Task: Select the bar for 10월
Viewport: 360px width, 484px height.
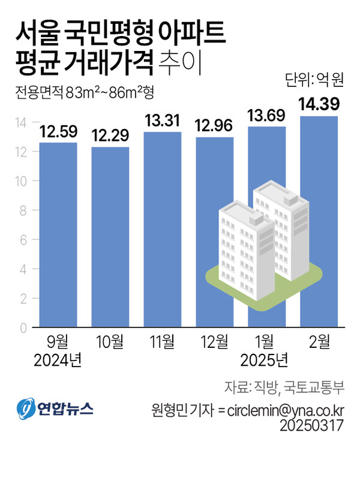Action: pyautogui.click(x=110, y=237)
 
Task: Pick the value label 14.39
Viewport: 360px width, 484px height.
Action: pyautogui.click(x=319, y=105)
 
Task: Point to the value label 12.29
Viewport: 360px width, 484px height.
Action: pyautogui.click(x=110, y=136)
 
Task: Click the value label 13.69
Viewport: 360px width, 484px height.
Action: pyautogui.click(x=266, y=116)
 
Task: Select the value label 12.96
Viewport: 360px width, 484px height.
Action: pyautogui.click(x=214, y=127)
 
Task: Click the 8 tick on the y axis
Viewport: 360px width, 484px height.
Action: pyautogui.click(x=23, y=211)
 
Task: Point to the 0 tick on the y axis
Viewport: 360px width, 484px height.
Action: pyautogui.click(x=23, y=328)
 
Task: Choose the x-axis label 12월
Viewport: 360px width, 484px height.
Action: pyautogui.click(x=214, y=342)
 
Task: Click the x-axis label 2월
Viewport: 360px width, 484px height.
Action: pyautogui.click(x=319, y=342)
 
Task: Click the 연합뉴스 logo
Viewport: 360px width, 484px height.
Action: pyautogui.click(x=55, y=409)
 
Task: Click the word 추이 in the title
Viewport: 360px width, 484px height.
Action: pyautogui.click(x=181, y=62)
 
